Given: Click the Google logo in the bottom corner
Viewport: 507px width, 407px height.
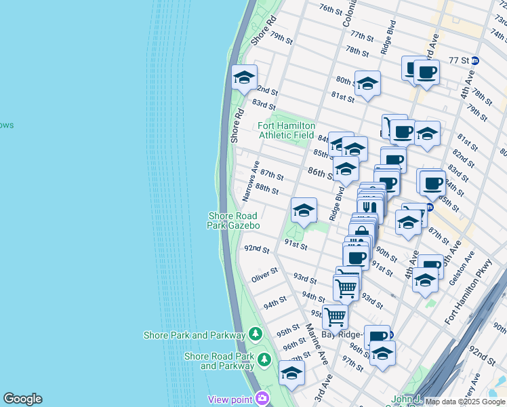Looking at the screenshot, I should tap(22, 399).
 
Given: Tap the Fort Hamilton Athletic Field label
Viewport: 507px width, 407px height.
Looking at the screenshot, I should tap(286, 130).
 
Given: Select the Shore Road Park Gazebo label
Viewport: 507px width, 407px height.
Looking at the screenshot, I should tap(234, 220).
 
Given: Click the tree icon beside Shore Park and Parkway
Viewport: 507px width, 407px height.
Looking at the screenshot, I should tap(255, 334).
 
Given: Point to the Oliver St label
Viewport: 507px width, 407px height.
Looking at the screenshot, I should tap(264, 275).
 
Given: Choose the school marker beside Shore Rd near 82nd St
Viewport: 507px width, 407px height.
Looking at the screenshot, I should tap(244, 78).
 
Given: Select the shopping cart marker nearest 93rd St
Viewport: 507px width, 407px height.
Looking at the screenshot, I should tap(346, 288).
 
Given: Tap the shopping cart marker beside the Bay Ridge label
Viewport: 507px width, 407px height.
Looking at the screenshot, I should tap(335, 316).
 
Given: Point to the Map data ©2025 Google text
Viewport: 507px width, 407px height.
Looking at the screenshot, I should tap(465, 402).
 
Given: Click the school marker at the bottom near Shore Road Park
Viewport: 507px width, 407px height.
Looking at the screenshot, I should tap(291, 373).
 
